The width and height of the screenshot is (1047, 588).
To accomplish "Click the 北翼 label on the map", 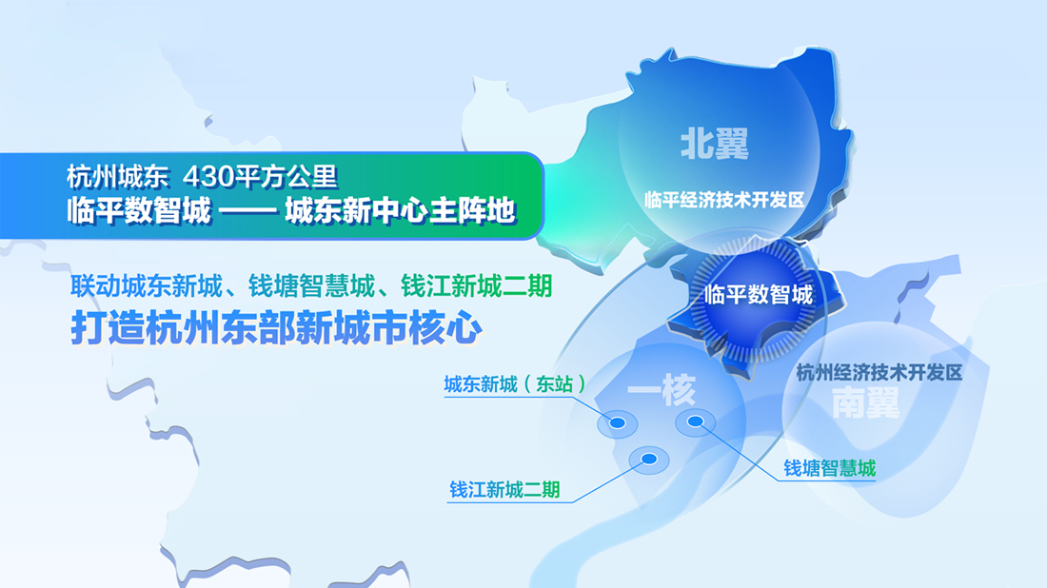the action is click(x=714, y=145).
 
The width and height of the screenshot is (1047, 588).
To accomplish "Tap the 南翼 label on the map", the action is click(x=865, y=403).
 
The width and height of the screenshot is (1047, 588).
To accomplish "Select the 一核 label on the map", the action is click(x=662, y=390).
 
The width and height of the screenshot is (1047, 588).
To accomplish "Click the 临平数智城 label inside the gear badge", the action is click(x=759, y=294).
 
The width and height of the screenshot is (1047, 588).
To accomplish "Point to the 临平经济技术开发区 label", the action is click(x=724, y=200).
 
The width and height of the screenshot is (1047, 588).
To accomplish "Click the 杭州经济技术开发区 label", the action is click(x=879, y=372).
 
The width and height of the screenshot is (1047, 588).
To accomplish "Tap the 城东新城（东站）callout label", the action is click(x=515, y=384).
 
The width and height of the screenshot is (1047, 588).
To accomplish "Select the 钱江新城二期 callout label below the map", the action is click(x=504, y=490).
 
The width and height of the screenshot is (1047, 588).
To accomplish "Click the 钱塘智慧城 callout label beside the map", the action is click(x=829, y=468).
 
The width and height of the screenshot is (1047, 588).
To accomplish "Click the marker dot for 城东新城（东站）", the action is click(x=617, y=423).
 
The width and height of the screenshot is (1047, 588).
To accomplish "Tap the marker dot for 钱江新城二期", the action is click(x=648, y=460).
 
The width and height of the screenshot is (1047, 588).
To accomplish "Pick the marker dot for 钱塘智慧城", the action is click(x=695, y=421).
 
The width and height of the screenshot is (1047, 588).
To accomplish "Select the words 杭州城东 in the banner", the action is click(x=117, y=177).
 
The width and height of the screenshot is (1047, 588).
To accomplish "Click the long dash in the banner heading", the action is click(x=248, y=211).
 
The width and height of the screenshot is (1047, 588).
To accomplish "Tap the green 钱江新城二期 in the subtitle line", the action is click(x=477, y=286).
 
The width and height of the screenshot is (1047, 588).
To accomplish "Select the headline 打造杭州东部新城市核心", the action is click(x=276, y=328).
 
